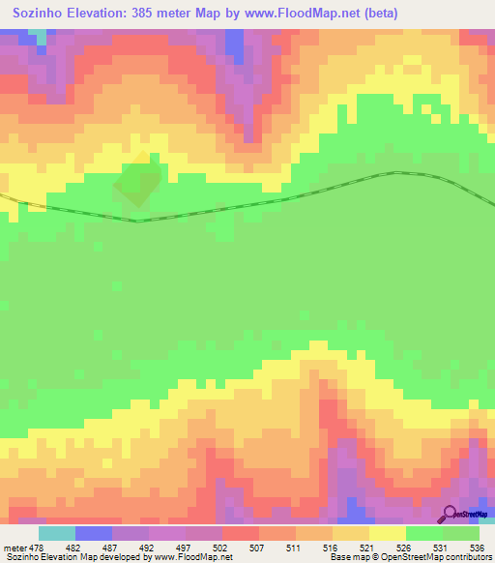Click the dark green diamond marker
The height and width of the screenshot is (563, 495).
tap(138, 180)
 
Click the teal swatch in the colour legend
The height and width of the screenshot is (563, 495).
tap(57, 533)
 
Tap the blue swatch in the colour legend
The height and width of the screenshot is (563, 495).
tap(94, 533)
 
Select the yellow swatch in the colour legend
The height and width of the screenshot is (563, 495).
tap(388, 533)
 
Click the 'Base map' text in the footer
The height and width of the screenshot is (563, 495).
tap(342, 556)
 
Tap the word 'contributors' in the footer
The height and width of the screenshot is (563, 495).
tap(460, 556)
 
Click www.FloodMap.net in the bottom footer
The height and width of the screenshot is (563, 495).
tap(193, 556)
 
